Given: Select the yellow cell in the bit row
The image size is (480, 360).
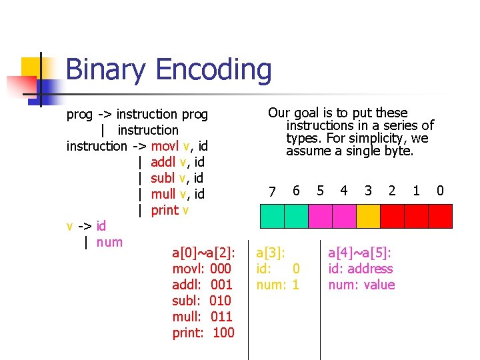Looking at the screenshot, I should (368, 216).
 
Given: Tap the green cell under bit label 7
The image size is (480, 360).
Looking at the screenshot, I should (272, 216).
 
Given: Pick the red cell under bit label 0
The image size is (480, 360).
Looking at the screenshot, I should (440, 216).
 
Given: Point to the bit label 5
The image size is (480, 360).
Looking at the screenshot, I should (320, 191).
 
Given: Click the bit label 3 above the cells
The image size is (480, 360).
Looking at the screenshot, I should (368, 191).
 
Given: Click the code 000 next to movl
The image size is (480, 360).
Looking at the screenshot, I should (220, 269).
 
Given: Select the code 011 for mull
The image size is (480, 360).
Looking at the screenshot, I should (221, 317).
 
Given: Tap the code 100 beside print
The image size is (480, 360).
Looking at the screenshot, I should (223, 333).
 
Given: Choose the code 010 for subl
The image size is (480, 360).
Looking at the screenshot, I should (220, 301).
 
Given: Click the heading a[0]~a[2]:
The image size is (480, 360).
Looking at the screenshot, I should (203, 253).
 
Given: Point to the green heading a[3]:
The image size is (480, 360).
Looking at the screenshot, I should (271, 253).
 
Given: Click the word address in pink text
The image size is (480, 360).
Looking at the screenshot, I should (369, 269).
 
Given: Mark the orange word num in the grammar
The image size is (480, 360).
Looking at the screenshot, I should (109, 242).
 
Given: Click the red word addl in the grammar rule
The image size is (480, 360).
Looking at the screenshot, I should (163, 162).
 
